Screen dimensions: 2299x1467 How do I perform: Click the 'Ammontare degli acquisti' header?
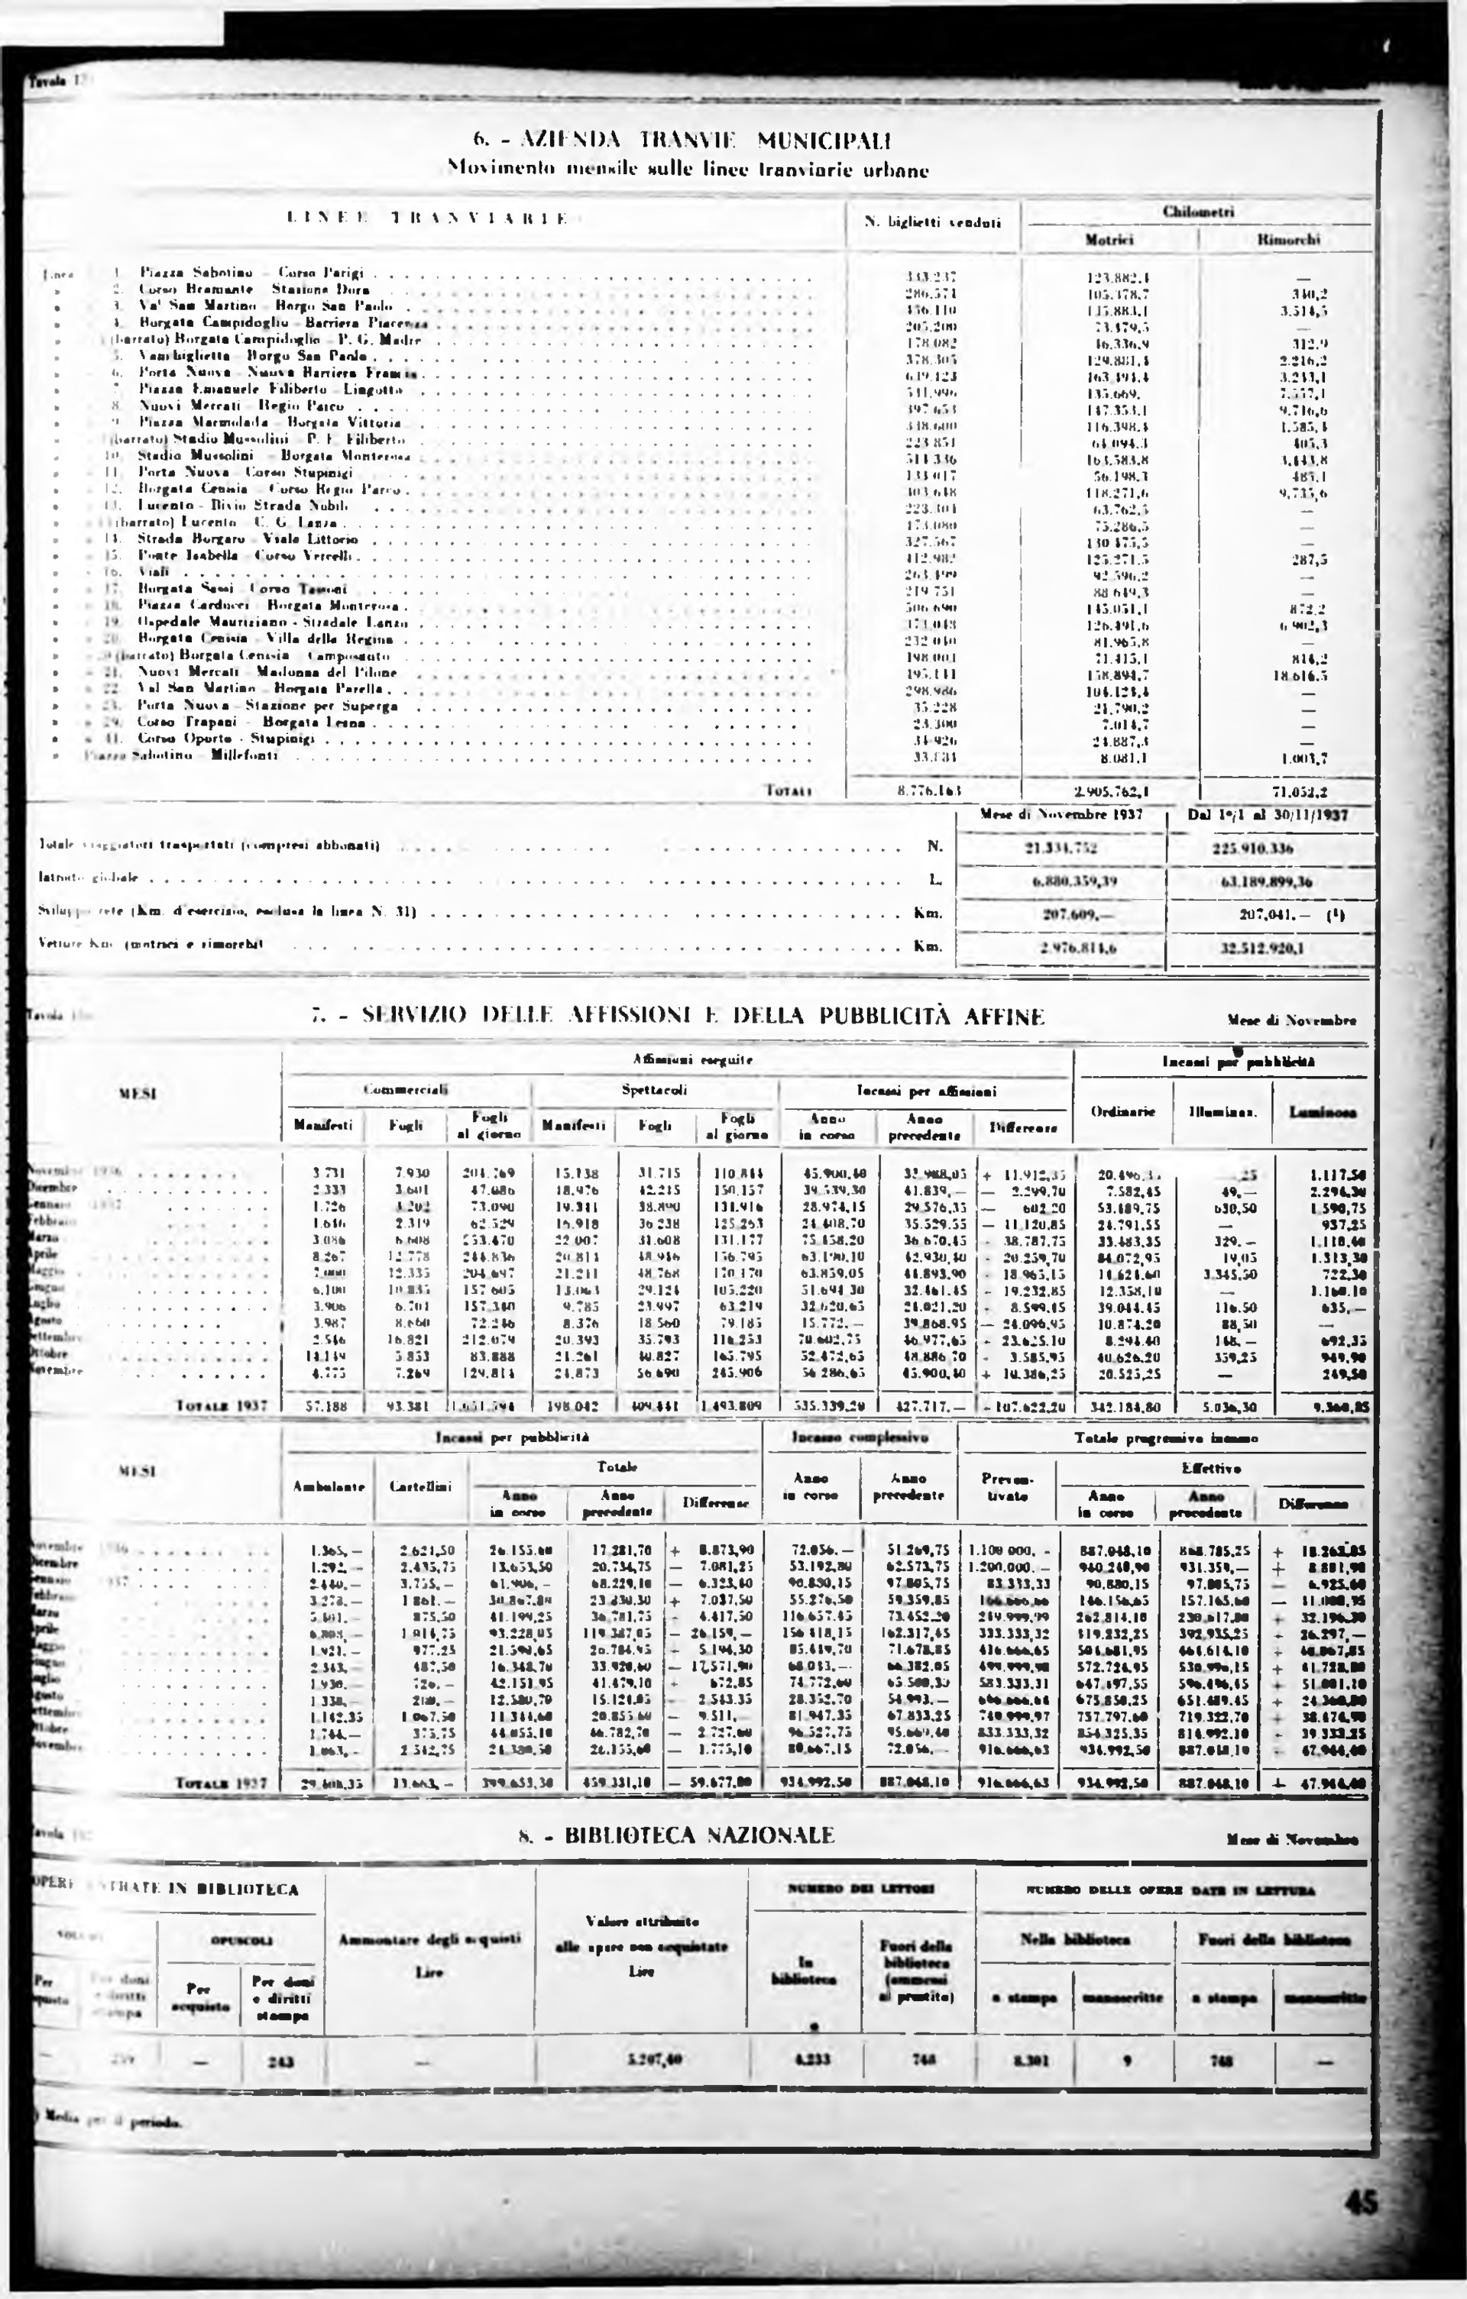click(x=429, y=1939)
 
